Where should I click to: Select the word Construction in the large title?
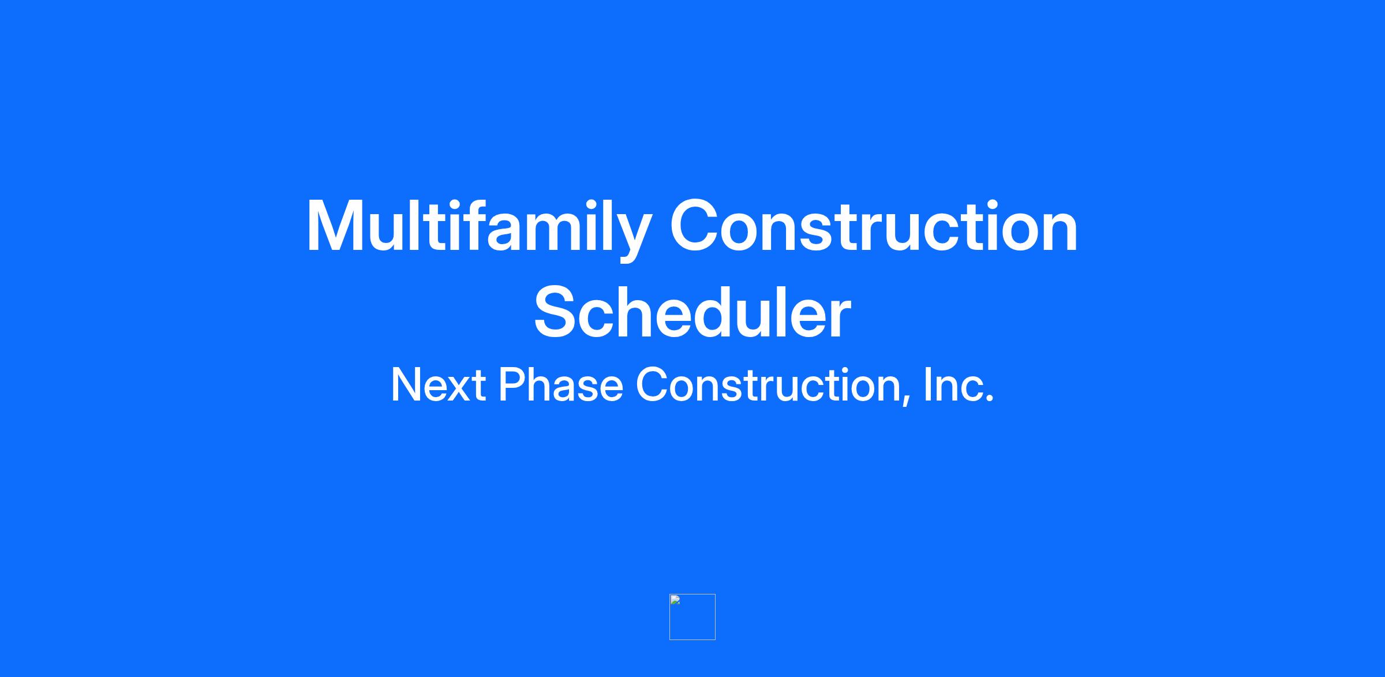(x=874, y=226)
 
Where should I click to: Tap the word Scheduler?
(x=692, y=312)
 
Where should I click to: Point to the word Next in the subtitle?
(x=438, y=385)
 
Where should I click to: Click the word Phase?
(x=561, y=385)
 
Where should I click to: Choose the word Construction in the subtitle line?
(x=770, y=386)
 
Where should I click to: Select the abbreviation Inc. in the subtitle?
(x=959, y=385)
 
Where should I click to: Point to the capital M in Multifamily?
(x=334, y=226)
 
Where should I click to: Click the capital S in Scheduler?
(x=557, y=312)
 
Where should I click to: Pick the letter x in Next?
(x=456, y=390)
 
